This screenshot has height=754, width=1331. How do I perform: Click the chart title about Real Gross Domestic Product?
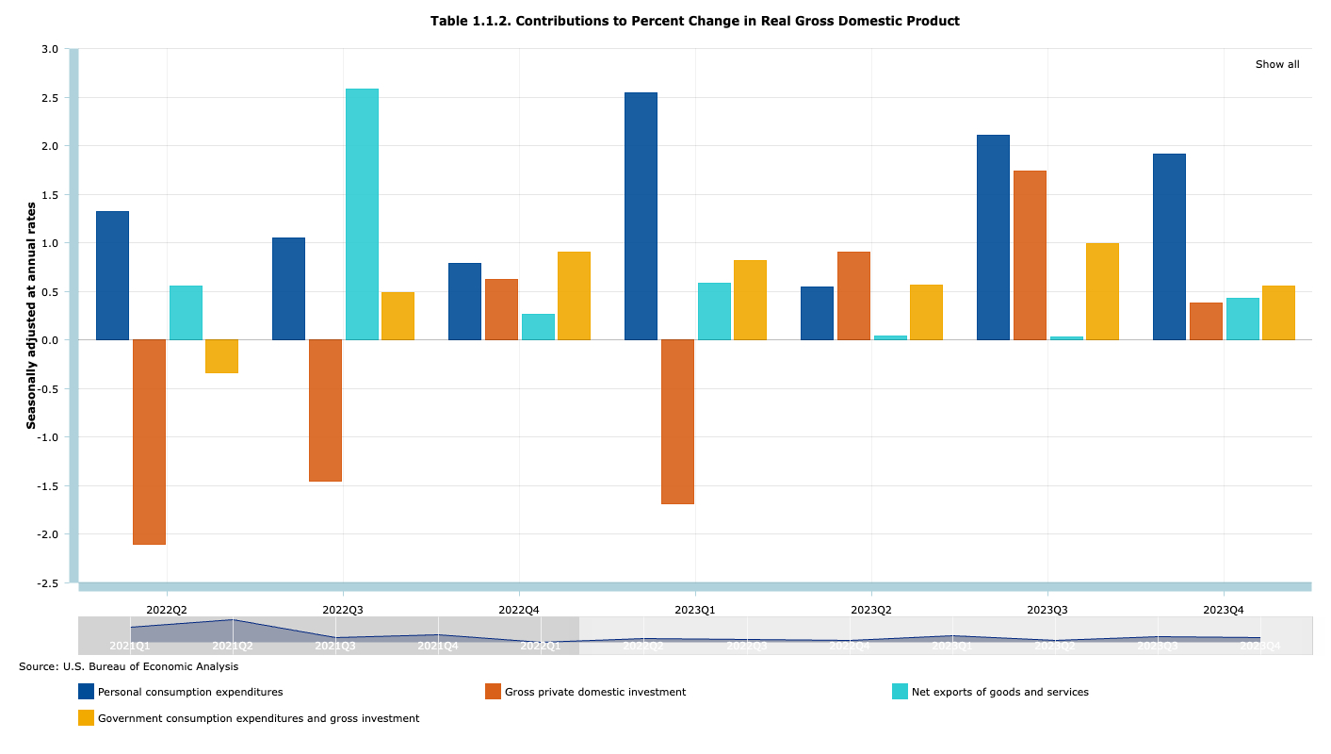click(694, 21)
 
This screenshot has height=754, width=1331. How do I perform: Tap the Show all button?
click(1276, 64)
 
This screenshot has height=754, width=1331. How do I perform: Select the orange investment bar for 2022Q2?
click(149, 441)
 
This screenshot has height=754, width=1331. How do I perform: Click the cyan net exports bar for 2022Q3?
click(362, 214)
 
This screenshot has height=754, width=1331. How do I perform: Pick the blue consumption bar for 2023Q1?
click(641, 216)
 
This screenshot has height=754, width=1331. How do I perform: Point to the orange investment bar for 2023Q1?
click(677, 421)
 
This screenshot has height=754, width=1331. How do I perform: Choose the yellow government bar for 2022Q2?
click(221, 356)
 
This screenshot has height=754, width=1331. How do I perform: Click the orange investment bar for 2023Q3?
click(1030, 254)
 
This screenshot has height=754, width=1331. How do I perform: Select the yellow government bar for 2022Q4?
click(574, 295)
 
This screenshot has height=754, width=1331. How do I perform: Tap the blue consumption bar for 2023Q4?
click(1169, 246)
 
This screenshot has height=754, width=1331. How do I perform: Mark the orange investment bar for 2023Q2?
click(853, 295)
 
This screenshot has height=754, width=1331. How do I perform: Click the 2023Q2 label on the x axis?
click(870, 610)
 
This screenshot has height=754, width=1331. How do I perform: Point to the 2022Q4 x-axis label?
click(518, 610)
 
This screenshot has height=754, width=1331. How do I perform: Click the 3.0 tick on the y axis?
click(49, 49)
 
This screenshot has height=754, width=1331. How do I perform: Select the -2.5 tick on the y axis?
click(46, 583)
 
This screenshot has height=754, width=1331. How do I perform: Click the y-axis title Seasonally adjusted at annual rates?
click(31, 316)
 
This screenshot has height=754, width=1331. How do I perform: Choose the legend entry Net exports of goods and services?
click(999, 692)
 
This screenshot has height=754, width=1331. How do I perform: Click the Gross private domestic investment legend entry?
click(594, 692)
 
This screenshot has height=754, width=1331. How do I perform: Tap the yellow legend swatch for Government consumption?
click(86, 718)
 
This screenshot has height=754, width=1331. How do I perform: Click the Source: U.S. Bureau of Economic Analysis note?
click(128, 666)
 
